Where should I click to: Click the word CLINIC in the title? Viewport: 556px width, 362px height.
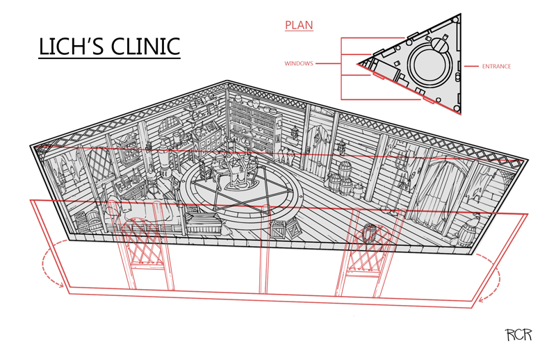[x=143, y=47]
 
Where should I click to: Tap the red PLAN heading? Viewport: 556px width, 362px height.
[x=299, y=26]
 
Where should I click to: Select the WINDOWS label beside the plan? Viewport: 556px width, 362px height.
[x=298, y=63]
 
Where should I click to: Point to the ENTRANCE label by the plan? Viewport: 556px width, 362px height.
[x=496, y=67]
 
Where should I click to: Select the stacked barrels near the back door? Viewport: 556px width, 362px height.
[x=341, y=179]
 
